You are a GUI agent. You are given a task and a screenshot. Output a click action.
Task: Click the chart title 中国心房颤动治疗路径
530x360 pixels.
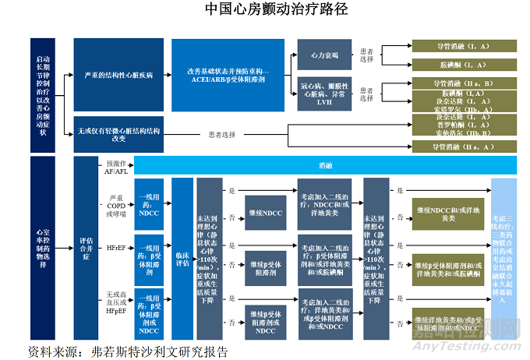point(265,10)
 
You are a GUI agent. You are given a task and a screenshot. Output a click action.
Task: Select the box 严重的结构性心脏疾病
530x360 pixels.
point(118,76)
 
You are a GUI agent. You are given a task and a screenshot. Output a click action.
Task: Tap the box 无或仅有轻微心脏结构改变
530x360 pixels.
point(118,133)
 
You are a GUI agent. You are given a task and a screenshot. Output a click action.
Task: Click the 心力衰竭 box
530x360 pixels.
point(323,56)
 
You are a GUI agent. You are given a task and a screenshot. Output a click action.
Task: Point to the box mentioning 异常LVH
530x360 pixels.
point(323,92)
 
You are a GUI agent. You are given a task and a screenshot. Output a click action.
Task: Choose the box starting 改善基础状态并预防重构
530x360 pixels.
point(228,75)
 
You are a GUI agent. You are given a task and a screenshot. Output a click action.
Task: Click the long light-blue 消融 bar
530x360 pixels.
point(325,165)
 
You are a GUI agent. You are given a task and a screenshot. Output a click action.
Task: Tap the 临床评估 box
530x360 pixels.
point(182,252)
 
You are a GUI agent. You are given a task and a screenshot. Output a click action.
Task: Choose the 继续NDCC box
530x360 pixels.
point(264,212)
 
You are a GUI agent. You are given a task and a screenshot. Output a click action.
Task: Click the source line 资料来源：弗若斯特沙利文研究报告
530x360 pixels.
point(129,350)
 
